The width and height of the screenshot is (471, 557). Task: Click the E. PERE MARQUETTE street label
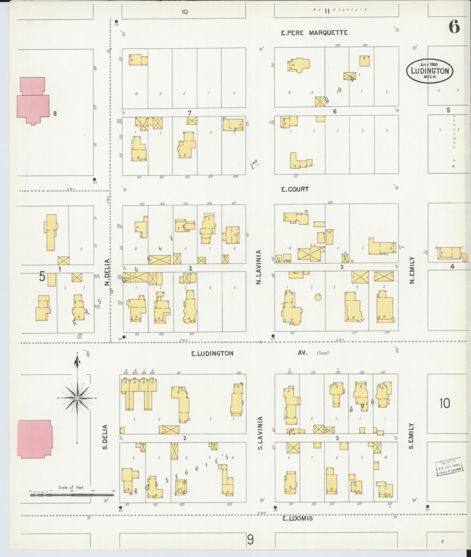(314, 33)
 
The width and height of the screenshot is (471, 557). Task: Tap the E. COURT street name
(295, 189)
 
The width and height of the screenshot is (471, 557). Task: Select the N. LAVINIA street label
(259, 267)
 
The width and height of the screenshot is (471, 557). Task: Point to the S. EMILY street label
(411, 440)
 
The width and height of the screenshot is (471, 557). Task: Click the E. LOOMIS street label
(297, 518)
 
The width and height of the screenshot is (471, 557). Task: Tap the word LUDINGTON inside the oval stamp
(429, 71)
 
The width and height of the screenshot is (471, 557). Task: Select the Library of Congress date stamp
(449, 468)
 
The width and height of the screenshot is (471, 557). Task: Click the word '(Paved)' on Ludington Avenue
(323, 353)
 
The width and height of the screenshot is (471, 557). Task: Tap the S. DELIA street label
(105, 441)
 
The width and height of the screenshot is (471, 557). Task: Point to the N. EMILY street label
(412, 270)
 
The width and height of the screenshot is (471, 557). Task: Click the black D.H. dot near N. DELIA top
(117, 21)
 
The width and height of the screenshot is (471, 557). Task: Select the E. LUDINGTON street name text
(212, 353)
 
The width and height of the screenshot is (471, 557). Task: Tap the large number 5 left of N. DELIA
(42, 277)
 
